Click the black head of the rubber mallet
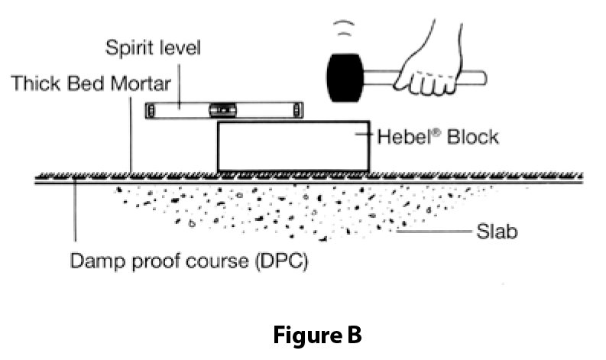pyautogui.click(x=344, y=77)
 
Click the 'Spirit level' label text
pyautogui.click(x=153, y=48)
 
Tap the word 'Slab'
pyautogui.click(x=497, y=230)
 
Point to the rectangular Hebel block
pyautogui.click(x=293, y=147)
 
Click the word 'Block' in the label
pyautogui.click(x=473, y=137)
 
